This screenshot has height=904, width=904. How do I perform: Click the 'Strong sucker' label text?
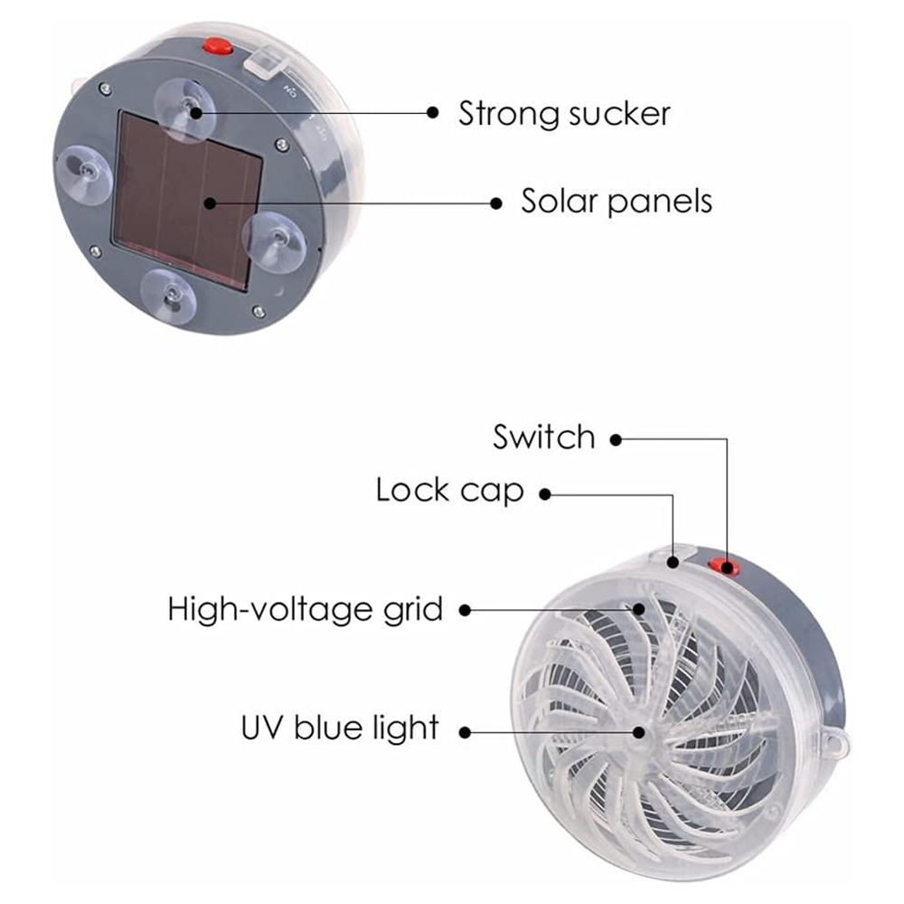coord(564,114)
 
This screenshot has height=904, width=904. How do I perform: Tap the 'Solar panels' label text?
coord(617,201)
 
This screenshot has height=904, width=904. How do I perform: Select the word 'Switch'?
coord(544,438)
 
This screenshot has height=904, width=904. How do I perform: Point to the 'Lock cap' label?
coord(449,491)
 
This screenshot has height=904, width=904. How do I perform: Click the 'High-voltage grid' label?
coord(306,609)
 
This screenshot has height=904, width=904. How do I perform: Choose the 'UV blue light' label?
coord(339,727)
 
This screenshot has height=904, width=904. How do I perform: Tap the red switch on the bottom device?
coord(723,567)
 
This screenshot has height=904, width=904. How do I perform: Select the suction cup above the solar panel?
coord(187,108)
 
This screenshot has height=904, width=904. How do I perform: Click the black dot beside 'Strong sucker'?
coord(433,113)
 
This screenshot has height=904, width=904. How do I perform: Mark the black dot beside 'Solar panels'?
coord(495,202)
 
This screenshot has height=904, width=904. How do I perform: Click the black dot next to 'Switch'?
coord(616,440)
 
